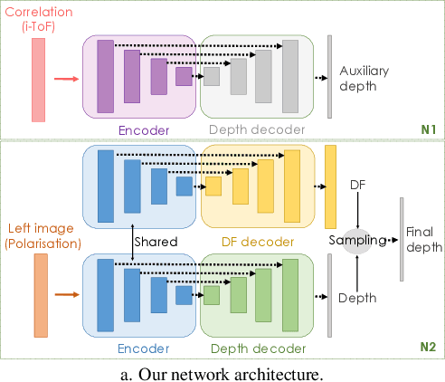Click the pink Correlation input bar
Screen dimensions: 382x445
[38, 80]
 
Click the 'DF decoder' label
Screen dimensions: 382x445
[257, 242]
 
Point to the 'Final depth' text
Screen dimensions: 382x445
[424, 239]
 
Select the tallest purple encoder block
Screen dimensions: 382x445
[105, 77]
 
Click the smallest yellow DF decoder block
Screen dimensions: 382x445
[213, 186]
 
